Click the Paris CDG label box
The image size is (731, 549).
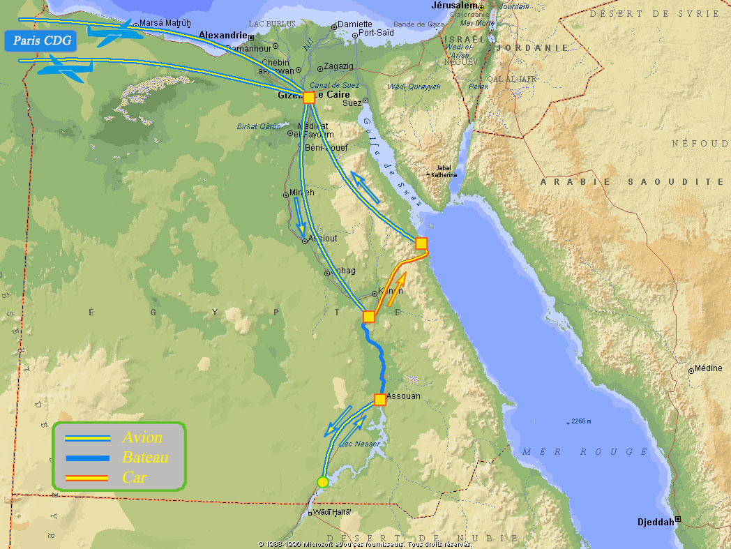point(42,40)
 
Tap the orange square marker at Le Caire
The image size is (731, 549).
point(309,98)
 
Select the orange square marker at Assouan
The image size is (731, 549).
point(379,400)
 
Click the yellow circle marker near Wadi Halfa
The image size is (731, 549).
point(322,481)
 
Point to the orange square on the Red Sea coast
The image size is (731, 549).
point(421,243)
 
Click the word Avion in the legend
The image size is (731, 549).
point(142,438)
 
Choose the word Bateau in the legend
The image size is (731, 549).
point(146,458)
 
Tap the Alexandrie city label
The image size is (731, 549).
point(223,35)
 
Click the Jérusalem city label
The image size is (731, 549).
point(454,6)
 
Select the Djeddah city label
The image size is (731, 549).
point(656,522)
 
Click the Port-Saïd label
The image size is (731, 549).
point(377,33)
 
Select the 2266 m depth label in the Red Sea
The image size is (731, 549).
point(581,422)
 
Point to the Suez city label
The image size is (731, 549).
point(352,103)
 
